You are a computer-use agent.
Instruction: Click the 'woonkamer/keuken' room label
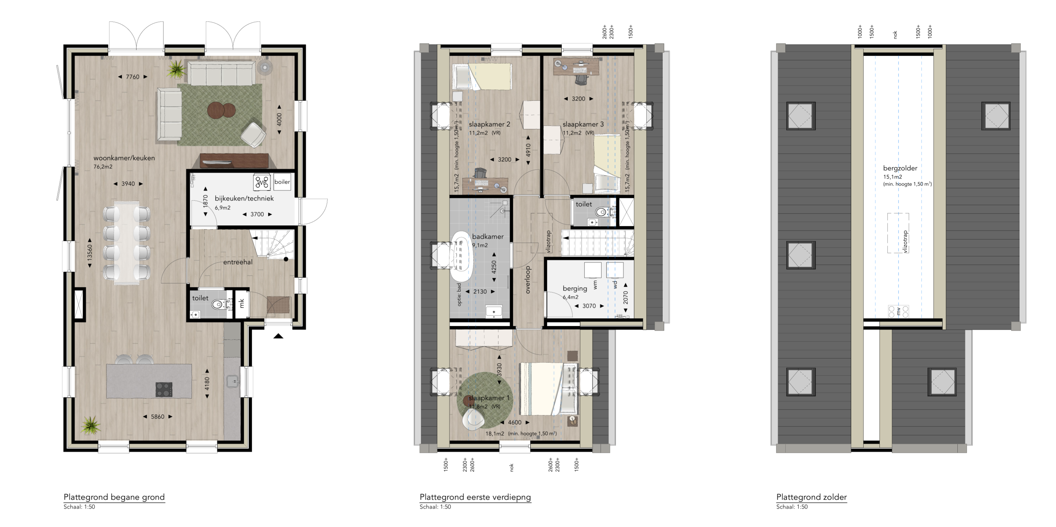pos(124,158)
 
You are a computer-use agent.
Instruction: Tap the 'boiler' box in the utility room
pos(282,182)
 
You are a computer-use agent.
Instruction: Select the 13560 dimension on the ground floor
pos(90,252)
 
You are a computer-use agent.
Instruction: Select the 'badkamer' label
pos(488,237)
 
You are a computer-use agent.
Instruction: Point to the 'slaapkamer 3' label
pos(583,124)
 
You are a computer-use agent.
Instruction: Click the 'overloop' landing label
pos(528,280)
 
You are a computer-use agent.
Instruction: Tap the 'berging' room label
pos(575,289)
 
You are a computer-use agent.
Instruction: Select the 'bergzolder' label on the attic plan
pos(900,168)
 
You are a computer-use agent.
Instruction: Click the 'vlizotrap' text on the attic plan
pos(906,242)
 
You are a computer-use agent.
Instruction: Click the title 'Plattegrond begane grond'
pos(114,497)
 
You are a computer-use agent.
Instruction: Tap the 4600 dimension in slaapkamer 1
pos(514,422)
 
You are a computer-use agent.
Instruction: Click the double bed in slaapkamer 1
pos(549,388)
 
